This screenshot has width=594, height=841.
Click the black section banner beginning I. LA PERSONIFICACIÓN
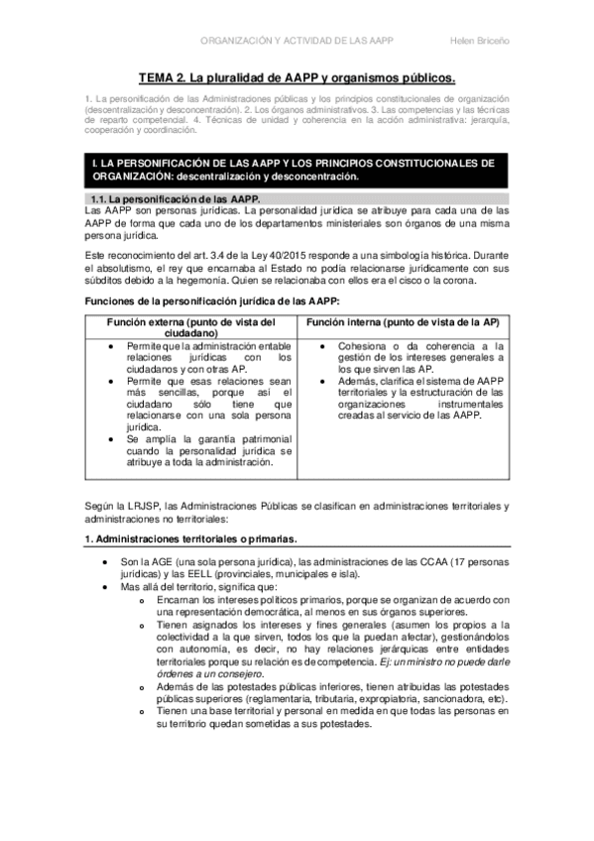tap(297, 169)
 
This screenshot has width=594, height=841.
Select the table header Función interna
tap(402, 322)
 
